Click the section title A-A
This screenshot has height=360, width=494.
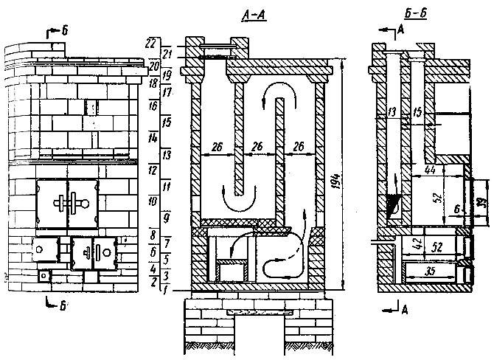pyautogui.click(x=251, y=14)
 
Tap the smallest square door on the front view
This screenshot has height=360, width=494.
pyautogui.click(x=45, y=276)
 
